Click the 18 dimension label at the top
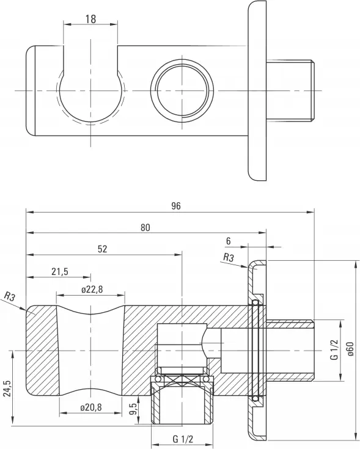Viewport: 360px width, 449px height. tap(90, 19)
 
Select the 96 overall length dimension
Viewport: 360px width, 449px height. tap(176, 206)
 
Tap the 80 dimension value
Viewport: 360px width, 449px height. tap(145, 227)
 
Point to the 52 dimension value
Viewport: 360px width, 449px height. tap(102, 249)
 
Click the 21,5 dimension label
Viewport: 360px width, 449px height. tap(60, 271)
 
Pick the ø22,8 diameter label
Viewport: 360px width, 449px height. tap(92, 290)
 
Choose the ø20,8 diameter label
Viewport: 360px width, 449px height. tap(91, 407)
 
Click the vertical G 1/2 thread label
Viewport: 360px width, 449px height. tap(334, 349)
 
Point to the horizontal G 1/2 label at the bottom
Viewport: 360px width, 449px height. tap(183, 439)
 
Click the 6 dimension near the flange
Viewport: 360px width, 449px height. tap(228, 241)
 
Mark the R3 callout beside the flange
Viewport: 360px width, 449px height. tap(228, 258)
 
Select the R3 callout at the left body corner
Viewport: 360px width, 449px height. tap(10, 296)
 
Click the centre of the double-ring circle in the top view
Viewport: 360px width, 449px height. tap(182, 91)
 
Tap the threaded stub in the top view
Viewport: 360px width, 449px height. tap(290, 91)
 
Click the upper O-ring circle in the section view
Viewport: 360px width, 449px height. tap(255, 302)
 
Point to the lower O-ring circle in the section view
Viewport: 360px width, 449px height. tap(255, 398)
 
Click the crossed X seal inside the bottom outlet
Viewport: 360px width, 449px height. tap(182, 379)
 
